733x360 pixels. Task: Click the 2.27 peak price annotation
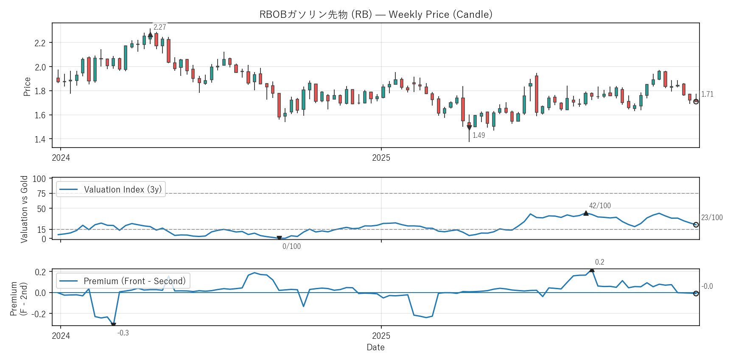(x=159, y=27)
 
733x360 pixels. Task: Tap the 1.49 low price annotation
(x=478, y=135)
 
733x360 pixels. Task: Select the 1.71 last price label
(x=707, y=94)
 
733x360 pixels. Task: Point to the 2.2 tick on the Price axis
(x=40, y=43)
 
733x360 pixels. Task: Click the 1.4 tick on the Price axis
(x=40, y=139)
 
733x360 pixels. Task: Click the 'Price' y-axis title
(x=27, y=87)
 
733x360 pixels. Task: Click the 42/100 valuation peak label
(x=600, y=206)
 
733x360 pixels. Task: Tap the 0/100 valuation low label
(x=291, y=246)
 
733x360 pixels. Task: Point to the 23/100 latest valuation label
(x=712, y=218)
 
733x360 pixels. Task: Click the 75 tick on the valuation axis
(x=42, y=194)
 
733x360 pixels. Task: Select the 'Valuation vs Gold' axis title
(x=24, y=209)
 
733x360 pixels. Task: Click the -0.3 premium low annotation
(x=123, y=333)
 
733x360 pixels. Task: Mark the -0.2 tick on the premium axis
(x=40, y=314)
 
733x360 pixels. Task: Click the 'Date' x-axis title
(x=375, y=347)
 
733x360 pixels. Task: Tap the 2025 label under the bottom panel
(x=381, y=336)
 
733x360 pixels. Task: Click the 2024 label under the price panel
(x=61, y=158)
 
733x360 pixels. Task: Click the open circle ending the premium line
(x=696, y=293)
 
